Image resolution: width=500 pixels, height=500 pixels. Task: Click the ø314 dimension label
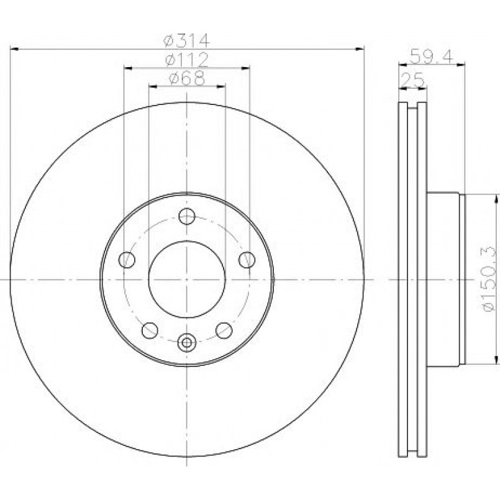pyautogui.click(x=186, y=40)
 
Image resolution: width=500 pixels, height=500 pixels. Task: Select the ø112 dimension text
pyautogui.click(x=186, y=60)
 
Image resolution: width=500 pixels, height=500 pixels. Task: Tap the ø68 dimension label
pyautogui.click(x=186, y=78)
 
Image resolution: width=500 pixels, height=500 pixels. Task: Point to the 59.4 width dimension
pyautogui.click(x=432, y=57)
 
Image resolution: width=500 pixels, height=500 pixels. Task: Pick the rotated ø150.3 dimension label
pyautogui.click(x=488, y=278)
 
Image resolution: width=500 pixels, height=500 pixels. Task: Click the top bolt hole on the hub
pyautogui.click(x=187, y=216)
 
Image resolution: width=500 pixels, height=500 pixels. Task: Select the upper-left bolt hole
pyautogui.click(x=127, y=260)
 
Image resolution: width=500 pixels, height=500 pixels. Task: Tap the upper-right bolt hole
pyautogui.click(x=247, y=260)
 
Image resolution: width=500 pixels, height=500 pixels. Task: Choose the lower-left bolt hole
pyautogui.click(x=150, y=330)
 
